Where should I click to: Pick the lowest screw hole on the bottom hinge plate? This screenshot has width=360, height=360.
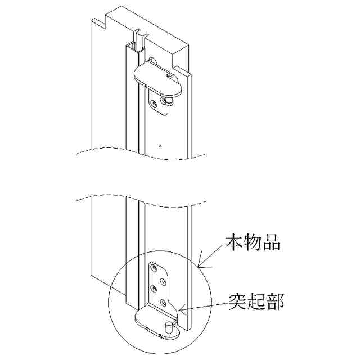[x=163, y=303]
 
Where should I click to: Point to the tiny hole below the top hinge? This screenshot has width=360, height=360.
[x=160, y=145]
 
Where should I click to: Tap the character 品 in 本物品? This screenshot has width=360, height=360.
[x=271, y=244]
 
